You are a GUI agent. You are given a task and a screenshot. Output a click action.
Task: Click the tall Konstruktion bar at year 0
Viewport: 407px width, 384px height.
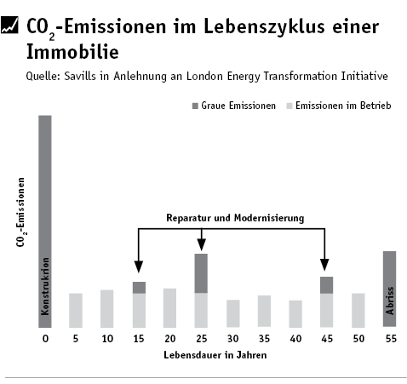[45, 221]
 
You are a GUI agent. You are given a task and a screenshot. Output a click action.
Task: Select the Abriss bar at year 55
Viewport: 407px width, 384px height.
[389, 289]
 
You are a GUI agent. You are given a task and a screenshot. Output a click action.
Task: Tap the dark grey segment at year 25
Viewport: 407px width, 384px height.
[201, 273]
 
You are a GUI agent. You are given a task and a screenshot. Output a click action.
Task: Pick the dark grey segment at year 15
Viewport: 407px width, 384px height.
[139, 288]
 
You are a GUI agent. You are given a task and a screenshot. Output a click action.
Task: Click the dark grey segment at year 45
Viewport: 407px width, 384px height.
[326, 285]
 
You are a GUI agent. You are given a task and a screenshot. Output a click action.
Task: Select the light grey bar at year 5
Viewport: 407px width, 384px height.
[76, 311]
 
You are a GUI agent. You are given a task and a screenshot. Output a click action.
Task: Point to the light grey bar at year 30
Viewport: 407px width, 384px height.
[233, 313]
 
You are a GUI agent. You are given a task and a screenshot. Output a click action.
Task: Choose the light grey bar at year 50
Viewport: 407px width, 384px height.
[358, 311]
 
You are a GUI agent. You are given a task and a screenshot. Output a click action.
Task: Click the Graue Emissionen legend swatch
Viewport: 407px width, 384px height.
[195, 106]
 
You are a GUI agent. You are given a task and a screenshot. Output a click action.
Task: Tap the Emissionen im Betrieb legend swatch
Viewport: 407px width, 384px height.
[289, 106]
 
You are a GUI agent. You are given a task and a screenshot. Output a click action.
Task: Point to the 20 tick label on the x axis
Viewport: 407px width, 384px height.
[170, 339]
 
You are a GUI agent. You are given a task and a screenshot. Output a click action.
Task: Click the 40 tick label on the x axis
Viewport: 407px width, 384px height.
[295, 339]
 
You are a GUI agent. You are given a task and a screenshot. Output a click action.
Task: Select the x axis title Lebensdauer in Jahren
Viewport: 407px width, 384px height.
[215, 355]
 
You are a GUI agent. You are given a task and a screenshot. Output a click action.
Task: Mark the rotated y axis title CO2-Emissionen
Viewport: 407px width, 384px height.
[20, 212]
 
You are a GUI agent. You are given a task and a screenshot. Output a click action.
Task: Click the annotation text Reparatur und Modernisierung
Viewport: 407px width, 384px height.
[235, 218]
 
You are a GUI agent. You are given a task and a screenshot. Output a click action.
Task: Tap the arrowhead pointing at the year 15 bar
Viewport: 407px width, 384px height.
[139, 267]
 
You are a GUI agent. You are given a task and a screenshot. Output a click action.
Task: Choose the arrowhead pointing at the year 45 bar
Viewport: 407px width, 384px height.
[324, 265]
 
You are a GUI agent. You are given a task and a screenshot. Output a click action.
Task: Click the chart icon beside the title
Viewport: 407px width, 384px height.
[9, 25]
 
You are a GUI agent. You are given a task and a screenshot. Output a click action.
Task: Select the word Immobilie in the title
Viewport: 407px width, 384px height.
[72, 52]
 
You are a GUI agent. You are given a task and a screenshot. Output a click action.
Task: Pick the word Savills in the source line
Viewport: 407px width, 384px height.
[80, 76]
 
